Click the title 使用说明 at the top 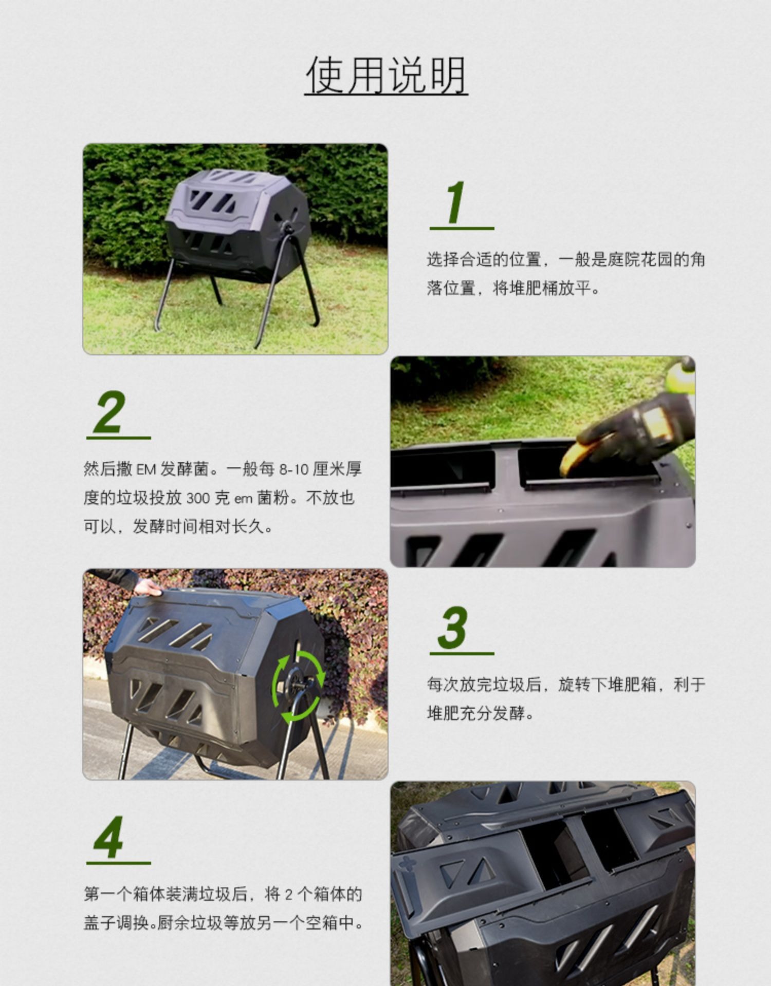click(x=386, y=75)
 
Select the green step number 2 click(x=109, y=412)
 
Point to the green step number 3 click(x=453, y=628)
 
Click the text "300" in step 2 click(x=198, y=498)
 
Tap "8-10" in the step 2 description click(x=293, y=469)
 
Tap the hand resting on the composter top click(x=146, y=587)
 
